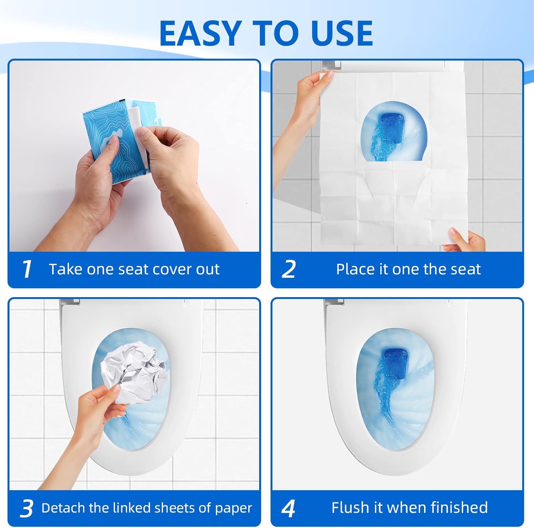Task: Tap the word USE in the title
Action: (342, 33)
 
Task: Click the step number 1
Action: (27, 269)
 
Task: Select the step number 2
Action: (289, 269)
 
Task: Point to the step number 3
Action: (27, 508)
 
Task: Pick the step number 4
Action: (288, 508)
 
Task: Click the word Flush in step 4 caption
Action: (348, 507)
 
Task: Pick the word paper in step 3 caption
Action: (233, 508)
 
